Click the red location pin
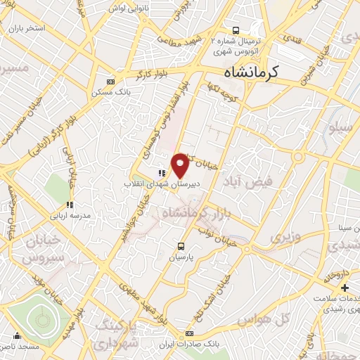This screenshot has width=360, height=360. (x=181, y=165)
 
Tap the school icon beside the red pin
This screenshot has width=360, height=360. (x=161, y=172)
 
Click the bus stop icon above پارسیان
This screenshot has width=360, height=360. (x=181, y=247)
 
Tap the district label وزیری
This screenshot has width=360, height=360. (x=286, y=238)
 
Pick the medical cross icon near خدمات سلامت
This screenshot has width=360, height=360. (x=345, y=288)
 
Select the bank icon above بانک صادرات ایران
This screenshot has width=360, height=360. (x=188, y=333)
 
